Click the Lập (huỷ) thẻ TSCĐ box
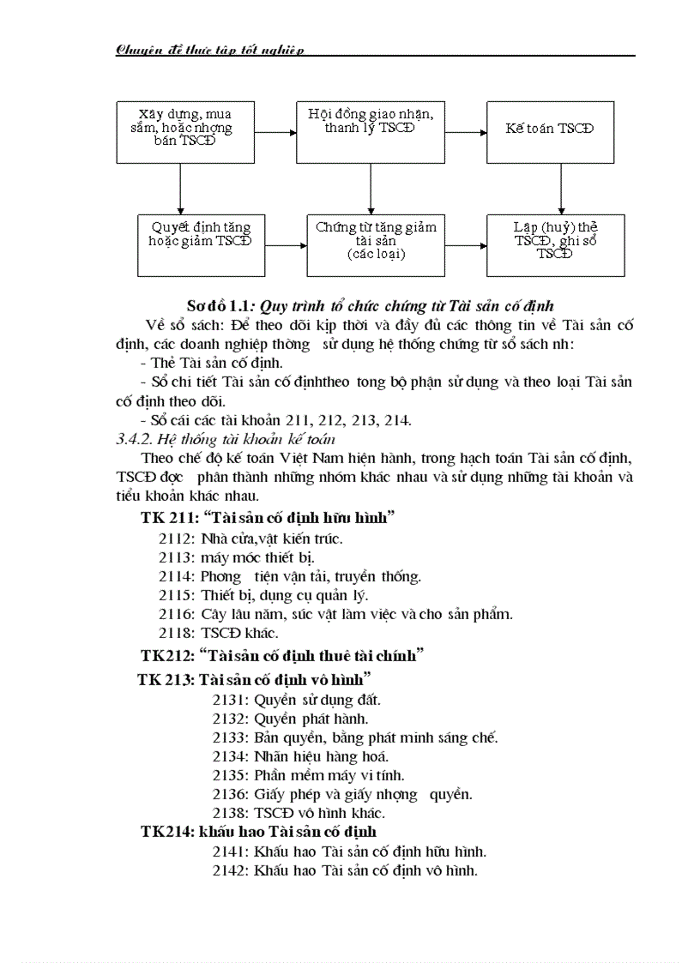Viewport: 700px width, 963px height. click(x=556, y=239)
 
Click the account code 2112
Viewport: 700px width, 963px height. click(x=176, y=539)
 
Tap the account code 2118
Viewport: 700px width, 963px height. click(x=176, y=633)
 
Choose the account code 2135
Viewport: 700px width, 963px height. click(x=230, y=775)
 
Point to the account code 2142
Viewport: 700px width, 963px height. click(x=230, y=870)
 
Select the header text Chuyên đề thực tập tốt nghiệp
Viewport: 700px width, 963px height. click(x=210, y=50)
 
